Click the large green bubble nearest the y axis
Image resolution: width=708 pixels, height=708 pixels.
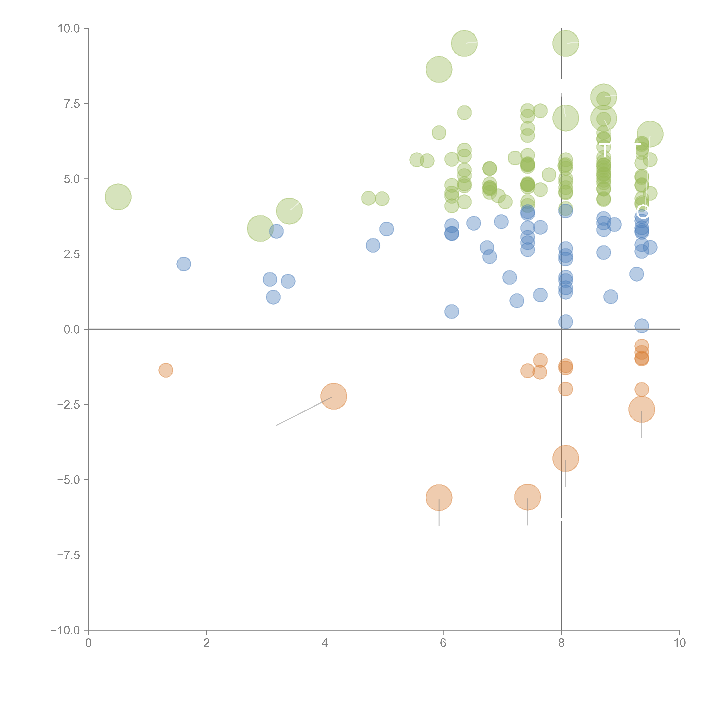coord(118,197)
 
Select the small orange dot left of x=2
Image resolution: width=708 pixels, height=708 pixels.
coord(166,370)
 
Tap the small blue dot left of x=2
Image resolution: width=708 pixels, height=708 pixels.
coord(184,264)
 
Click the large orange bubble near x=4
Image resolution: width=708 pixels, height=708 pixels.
coord(333,396)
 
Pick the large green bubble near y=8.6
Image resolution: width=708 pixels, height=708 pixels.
coord(439,69)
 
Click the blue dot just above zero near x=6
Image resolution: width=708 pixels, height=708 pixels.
coord(451,312)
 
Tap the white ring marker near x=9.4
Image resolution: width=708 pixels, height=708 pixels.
coord(643,211)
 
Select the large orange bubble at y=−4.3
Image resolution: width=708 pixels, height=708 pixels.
coord(565,459)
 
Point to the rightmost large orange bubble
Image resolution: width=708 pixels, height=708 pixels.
coord(641,409)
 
